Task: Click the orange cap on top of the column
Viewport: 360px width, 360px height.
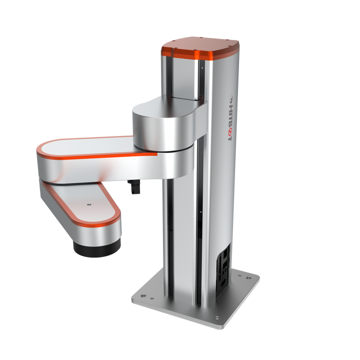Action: (x=200, y=48)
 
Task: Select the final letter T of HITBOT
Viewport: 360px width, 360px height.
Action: (x=229, y=138)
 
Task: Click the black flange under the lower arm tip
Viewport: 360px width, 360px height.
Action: (x=97, y=248)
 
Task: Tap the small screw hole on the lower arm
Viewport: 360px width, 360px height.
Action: (x=89, y=204)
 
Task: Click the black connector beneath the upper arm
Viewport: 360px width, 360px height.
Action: (x=134, y=186)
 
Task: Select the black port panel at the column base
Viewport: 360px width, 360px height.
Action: (x=223, y=270)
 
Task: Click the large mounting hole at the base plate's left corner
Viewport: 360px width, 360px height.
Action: (x=143, y=295)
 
